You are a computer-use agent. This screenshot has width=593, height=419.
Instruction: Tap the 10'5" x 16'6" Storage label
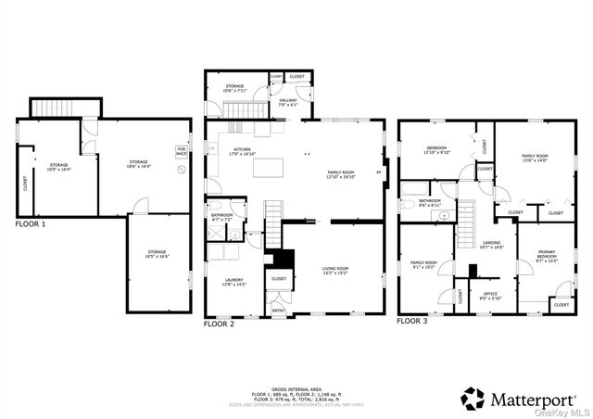157,254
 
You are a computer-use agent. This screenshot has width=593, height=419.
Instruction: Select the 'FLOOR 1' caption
31,224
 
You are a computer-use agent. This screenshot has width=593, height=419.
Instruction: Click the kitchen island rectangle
267,168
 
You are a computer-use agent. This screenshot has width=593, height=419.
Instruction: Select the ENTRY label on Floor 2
278,311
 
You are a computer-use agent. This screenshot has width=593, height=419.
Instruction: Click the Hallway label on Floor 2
288,103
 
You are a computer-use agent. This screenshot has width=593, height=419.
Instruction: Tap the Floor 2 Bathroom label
221,217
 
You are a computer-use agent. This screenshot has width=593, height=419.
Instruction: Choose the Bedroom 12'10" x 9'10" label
437,151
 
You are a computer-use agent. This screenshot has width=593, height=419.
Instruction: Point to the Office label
490,296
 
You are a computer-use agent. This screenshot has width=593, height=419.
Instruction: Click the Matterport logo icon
473,399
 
